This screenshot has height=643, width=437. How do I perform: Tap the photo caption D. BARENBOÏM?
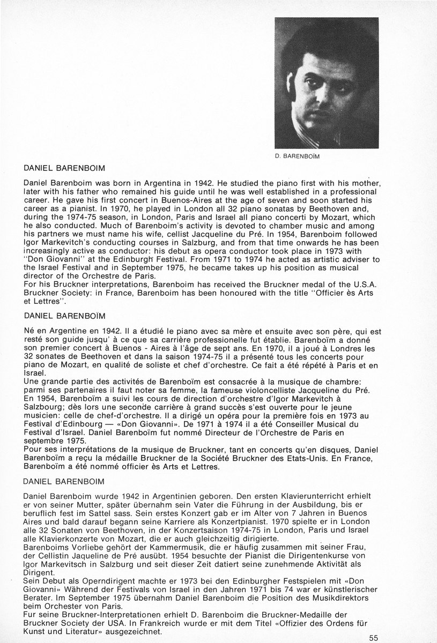coord(298,157)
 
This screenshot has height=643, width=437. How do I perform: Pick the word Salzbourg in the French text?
coord(43,407)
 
